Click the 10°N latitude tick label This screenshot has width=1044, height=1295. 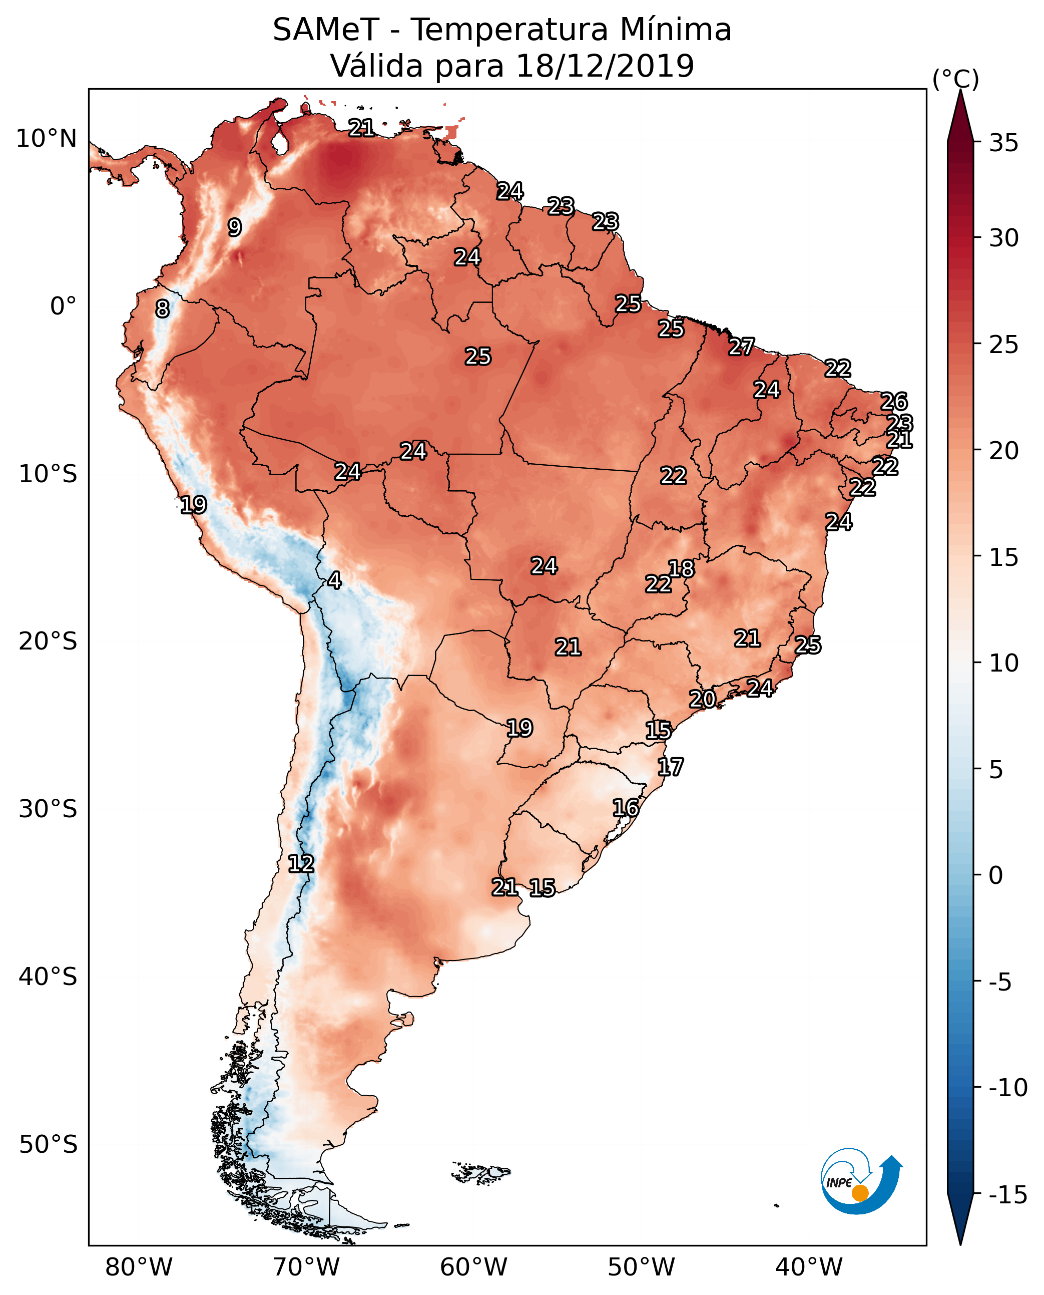(x=47, y=139)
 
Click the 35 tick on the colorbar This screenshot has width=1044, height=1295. (x=1003, y=143)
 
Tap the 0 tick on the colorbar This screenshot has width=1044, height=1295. (x=996, y=875)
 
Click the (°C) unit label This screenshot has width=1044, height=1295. (x=955, y=79)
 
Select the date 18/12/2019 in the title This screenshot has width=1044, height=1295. (x=605, y=66)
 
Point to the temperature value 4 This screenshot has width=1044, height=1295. (x=334, y=580)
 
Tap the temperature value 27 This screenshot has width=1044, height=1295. (x=742, y=347)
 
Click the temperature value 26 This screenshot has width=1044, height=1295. (x=894, y=402)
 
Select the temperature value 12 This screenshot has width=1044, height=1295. (x=301, y=863)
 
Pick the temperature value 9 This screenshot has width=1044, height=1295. (x=235, y=227)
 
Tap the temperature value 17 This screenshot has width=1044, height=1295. (x=670, y=767)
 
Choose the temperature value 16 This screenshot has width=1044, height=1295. (x=626, y=808)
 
